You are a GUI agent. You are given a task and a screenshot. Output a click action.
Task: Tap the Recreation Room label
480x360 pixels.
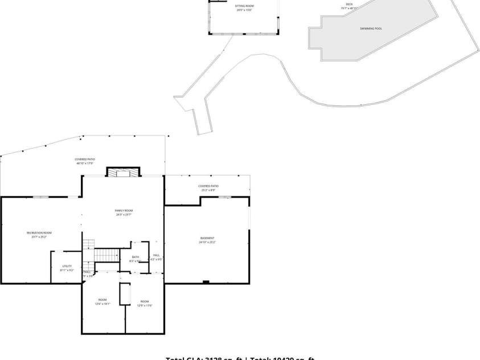pos(39,232)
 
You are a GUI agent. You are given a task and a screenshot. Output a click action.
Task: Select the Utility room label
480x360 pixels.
pos(67,266)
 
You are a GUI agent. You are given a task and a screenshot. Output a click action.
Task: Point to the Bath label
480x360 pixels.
pos(135,257)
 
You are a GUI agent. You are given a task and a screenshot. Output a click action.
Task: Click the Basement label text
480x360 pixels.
pos(207,238)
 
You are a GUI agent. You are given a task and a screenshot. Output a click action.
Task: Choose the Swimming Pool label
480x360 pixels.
pos(371,28)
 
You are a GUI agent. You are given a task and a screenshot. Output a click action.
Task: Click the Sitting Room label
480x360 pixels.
pos(244,6)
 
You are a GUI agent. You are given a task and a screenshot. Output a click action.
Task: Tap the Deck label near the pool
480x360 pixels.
pos(349,4)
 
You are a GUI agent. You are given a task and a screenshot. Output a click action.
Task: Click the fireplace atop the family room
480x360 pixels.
pos(123,172)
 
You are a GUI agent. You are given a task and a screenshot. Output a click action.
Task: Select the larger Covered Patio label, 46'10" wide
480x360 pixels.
pos(85,159)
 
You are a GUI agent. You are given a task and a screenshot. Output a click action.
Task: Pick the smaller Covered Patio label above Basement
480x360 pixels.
pos(208,186)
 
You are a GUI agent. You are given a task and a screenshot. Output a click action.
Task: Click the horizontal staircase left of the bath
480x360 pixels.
pos(107,255)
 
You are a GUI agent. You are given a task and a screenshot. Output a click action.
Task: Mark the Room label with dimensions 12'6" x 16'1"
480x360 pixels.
pos(102,300)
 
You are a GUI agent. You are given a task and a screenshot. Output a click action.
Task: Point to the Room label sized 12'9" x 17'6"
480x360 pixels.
pos(145,301)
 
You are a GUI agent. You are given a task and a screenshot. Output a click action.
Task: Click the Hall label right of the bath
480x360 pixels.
pos(156,255)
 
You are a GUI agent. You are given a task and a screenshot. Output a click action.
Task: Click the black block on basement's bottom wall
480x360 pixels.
pos(206,281)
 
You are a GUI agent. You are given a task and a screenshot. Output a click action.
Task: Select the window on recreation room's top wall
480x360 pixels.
pos(40,197)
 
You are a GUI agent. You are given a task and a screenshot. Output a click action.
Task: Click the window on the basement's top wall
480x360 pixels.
pos(225,197)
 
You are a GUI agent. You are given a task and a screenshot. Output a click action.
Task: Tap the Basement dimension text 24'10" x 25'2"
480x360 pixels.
pos(207,242)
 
